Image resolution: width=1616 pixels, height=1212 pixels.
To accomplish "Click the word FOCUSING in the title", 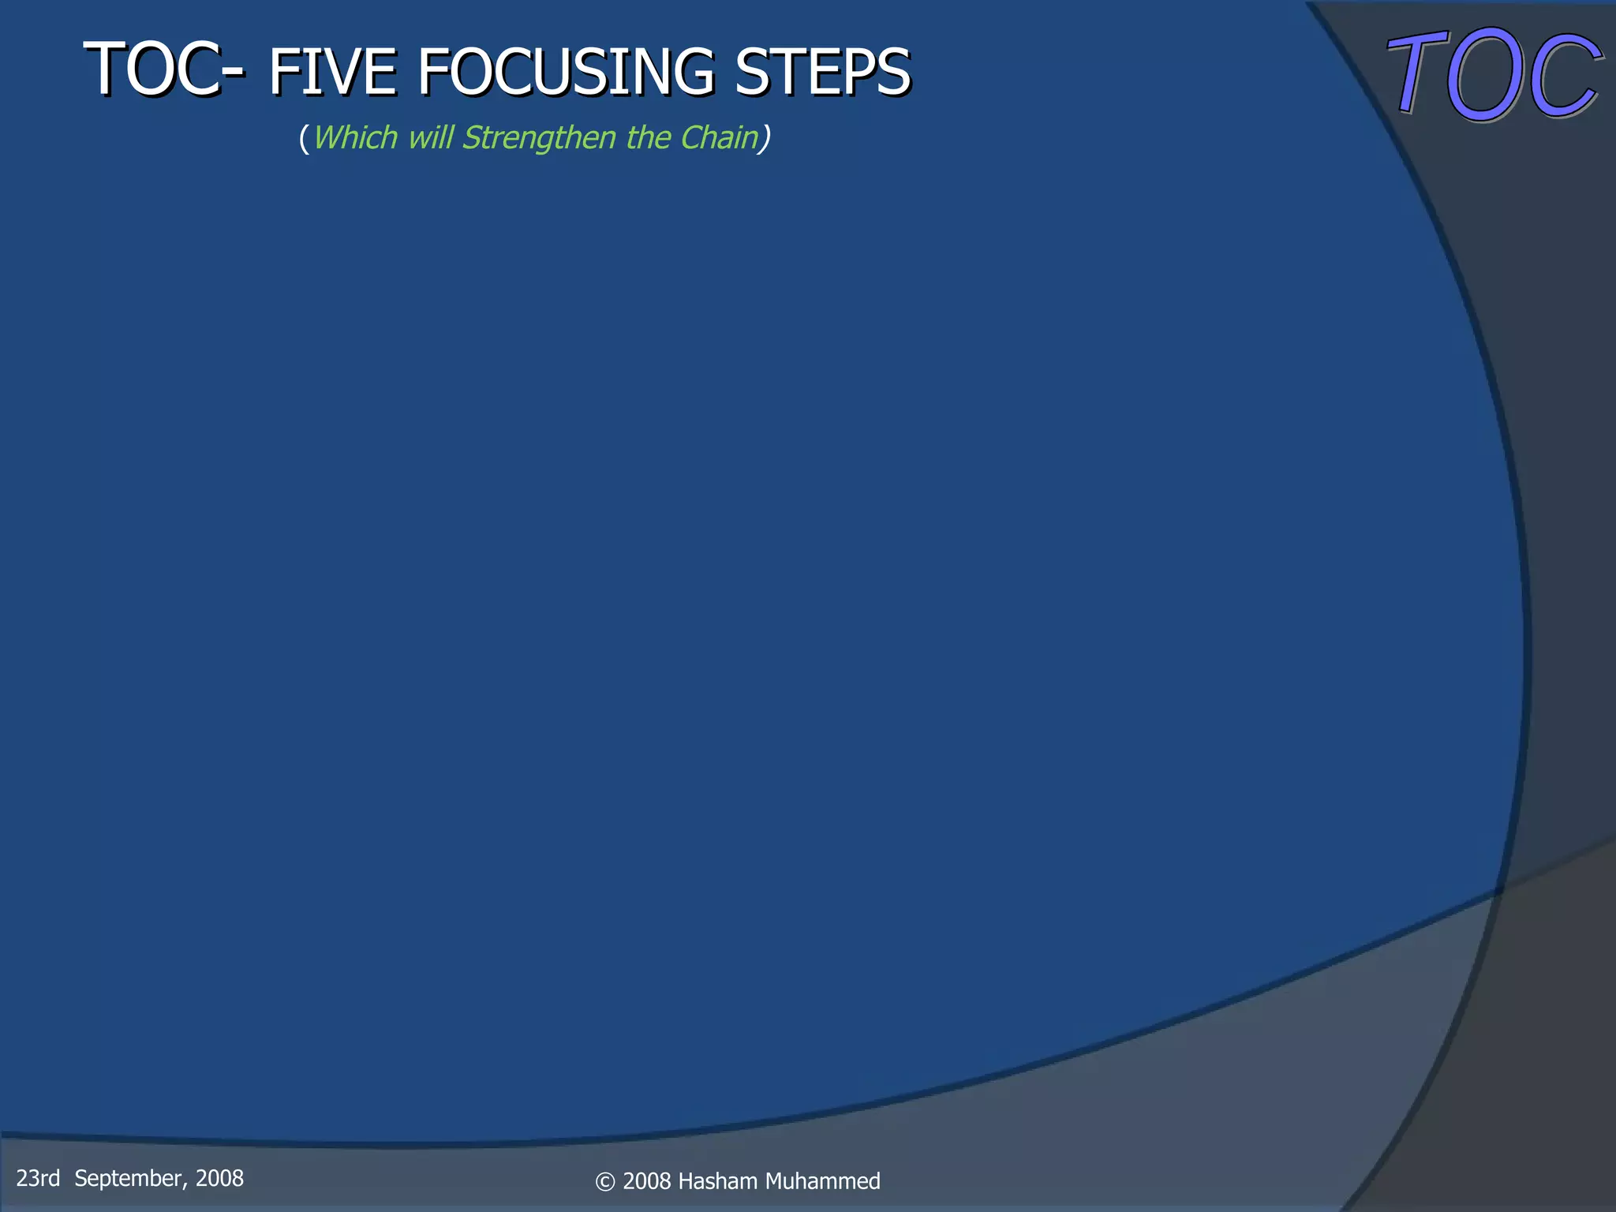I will (565, 73).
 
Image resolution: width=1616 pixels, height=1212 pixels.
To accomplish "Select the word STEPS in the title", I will (822, 73).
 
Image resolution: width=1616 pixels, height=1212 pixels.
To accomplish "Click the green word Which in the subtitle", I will (355, 138).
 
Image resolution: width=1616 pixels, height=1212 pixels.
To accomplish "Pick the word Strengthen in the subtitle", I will (539, 138).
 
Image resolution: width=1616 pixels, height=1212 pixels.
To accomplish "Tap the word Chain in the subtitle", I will (718, 138).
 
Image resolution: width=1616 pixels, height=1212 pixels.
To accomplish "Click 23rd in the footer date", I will (38, 1179).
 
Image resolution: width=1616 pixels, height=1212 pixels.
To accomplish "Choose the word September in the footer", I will (130, 1179).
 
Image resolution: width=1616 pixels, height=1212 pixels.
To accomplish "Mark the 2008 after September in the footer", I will (219, 1179).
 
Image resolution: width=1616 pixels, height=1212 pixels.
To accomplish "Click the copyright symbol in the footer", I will (605, 1182).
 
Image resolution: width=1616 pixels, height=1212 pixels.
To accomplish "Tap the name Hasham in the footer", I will (717, 1181).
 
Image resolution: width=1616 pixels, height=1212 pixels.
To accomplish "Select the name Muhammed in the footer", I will (822, 1181).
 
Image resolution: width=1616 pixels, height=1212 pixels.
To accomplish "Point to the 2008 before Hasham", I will (647, 1181).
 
